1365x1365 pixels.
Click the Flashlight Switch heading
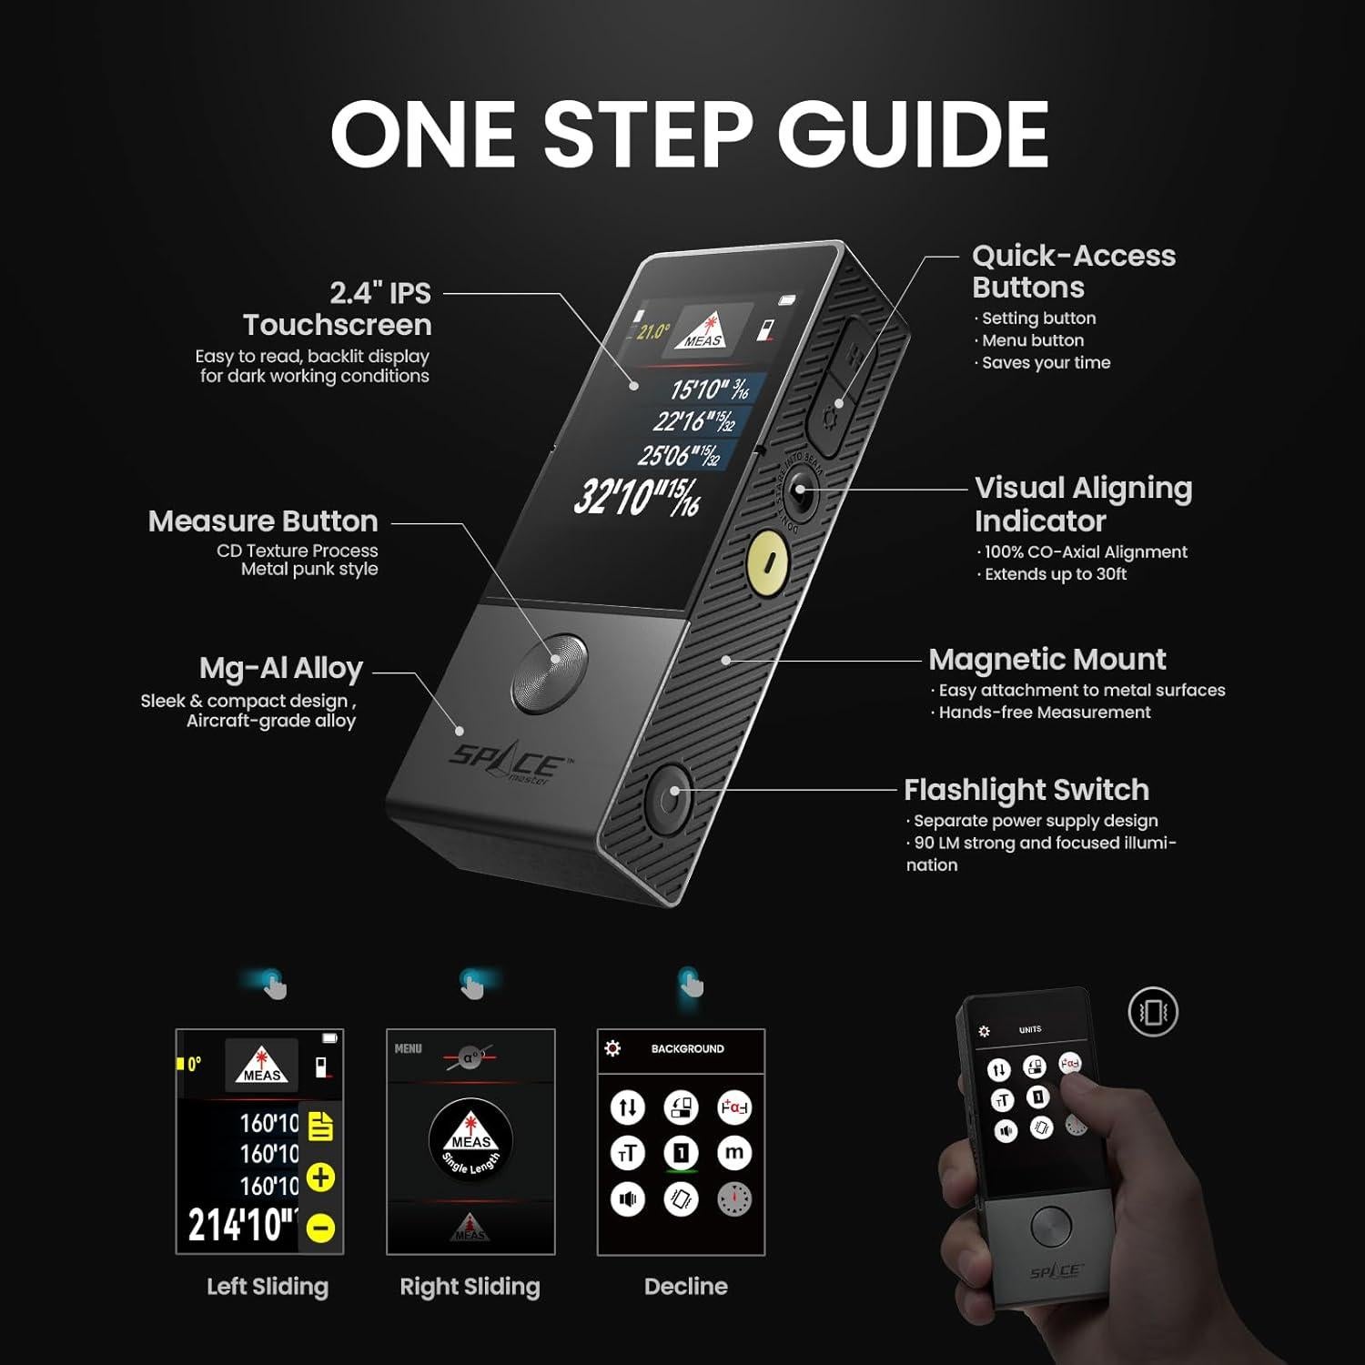pos(1026,789)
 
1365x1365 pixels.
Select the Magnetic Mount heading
pos(1046,659)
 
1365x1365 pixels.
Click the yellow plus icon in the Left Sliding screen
pos(320,1178)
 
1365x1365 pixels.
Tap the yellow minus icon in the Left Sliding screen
pos(320,1228)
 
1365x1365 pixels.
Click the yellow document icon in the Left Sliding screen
pos(320,1127)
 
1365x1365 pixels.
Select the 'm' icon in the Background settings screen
pos(733,1153)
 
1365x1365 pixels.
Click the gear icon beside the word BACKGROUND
pos(613,1048)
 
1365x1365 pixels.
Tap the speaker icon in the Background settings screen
pos(628,1199)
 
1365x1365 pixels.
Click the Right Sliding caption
pos(470,1287)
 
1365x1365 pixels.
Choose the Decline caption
pos(685,1287)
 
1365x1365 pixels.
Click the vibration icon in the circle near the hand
pos(1153,1012)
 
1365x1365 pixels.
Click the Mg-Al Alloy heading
pos(280,669)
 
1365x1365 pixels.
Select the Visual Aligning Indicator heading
pos(1083,504)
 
